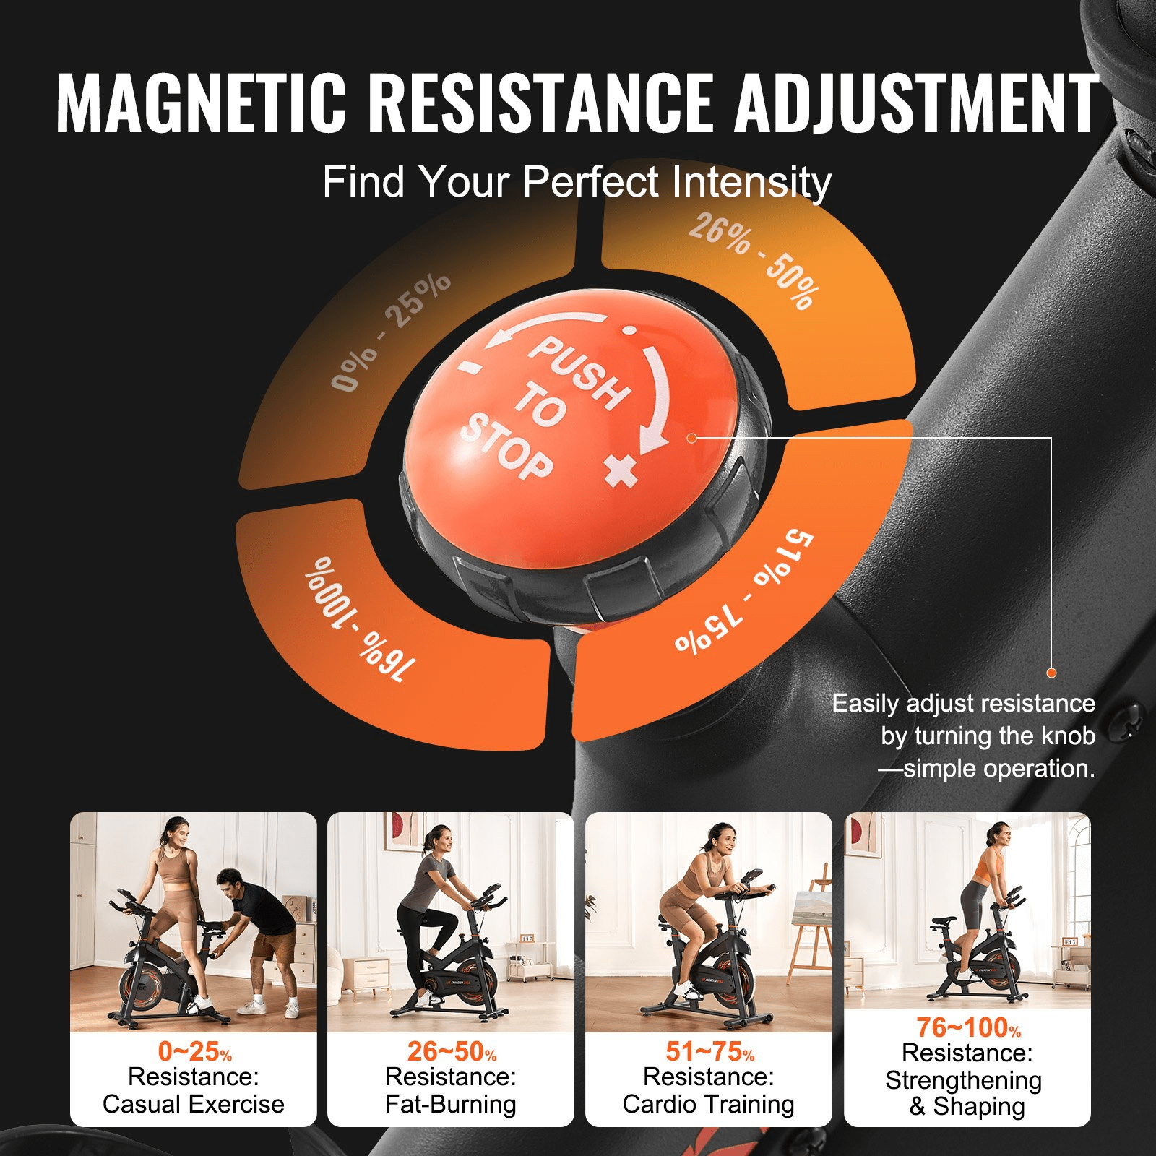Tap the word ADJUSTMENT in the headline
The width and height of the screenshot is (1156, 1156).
pos(916,103)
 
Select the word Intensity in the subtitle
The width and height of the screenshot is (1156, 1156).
pos(751,182)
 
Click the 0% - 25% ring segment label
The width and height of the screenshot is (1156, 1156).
pos(390,332)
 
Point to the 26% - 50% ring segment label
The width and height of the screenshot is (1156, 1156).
pos(754,260)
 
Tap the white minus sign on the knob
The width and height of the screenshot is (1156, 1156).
pos(470,366)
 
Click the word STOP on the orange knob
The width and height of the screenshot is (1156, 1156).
pos(506,447)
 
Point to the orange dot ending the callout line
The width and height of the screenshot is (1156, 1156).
pos(1051,673)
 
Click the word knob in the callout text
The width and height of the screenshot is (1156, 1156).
pos(1068,736)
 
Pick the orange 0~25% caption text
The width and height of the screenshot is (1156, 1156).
pos(194,1051)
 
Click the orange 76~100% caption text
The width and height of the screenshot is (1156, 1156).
pos(968,1027)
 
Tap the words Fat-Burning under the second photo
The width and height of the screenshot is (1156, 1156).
pos(451,1104)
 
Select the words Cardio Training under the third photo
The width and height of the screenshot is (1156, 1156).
pos(708,1104)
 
